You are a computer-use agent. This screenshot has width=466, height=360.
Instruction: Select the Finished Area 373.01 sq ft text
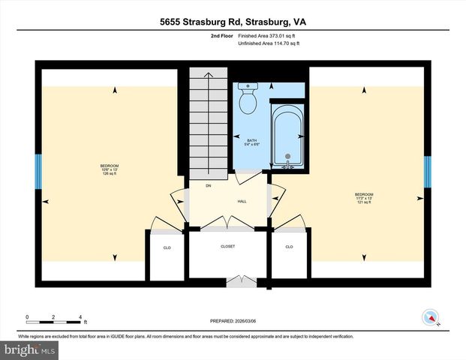(269, 36)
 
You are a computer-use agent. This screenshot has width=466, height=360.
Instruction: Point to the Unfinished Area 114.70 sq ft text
(269, 44)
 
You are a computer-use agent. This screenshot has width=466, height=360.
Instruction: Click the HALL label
(242, 201)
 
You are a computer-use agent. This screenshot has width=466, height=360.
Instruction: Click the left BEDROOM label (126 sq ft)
(110, 169)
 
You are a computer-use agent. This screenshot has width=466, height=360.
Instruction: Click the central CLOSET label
(227, 246)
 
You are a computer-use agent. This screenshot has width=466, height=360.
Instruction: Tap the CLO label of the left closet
(167, 246)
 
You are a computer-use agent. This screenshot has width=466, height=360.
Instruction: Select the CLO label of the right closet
(288, 246)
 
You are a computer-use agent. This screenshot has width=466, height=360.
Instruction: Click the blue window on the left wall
(38, 171)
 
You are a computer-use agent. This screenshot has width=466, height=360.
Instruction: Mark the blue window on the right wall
(427, 171)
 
